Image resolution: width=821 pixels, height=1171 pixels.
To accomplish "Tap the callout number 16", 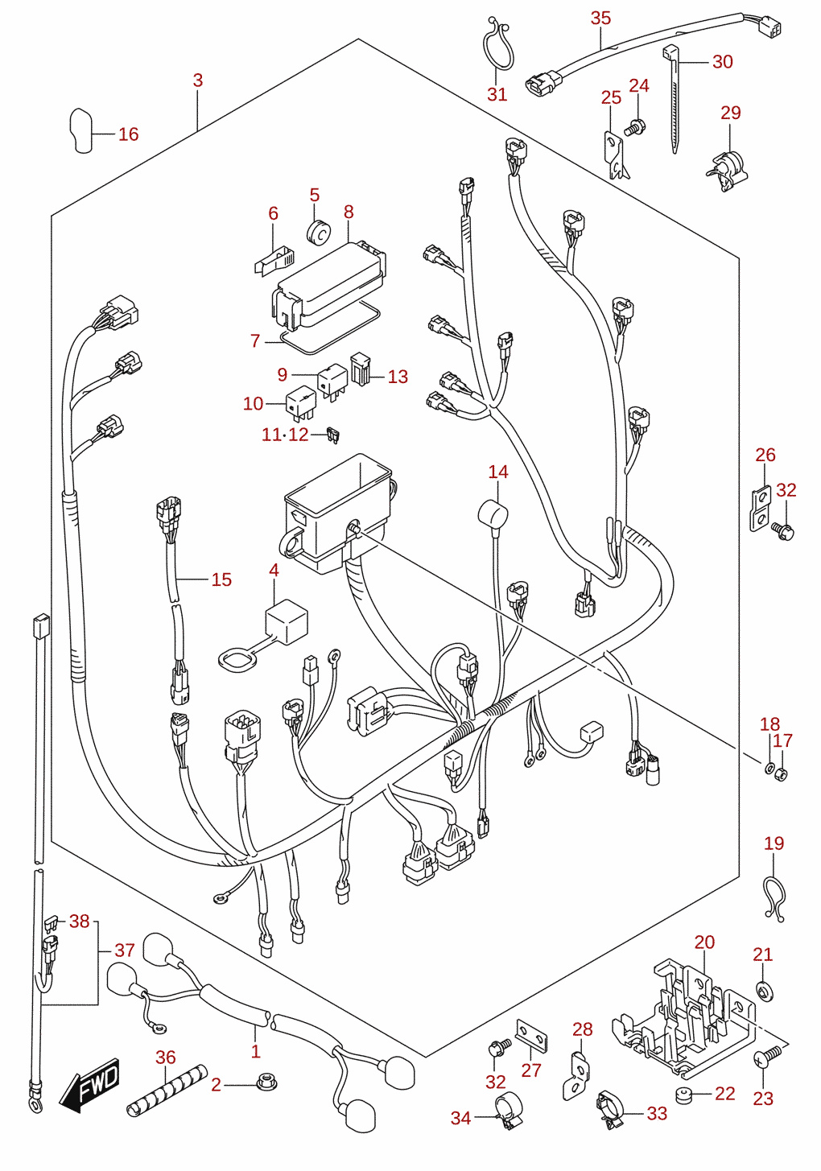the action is coord(128,134).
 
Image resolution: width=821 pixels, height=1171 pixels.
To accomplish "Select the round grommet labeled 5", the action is coord(318,232).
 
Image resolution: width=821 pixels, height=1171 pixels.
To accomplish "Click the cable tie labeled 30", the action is coord(673,99).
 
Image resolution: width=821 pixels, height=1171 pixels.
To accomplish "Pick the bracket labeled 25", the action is coord(616,155).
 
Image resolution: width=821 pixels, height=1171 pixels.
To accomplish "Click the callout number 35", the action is coord(600,19).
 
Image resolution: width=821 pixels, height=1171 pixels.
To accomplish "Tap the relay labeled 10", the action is coord(301,403).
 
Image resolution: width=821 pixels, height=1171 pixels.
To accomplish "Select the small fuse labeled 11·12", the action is coord(332,435).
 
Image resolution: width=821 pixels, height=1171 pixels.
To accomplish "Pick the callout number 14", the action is coord(497,472).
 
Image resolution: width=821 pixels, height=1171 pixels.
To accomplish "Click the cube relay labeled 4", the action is coord(287,621).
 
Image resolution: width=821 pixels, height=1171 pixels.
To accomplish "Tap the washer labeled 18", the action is coord(769,768).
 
